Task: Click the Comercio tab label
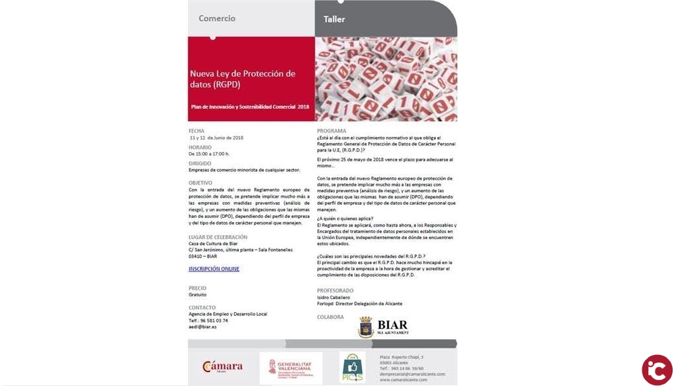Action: tap(217, 18)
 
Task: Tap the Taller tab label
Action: tap(334, 19)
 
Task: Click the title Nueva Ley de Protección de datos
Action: tap(242, 79)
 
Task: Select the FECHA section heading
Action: tap(196, 130)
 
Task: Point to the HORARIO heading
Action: tap(200, 147)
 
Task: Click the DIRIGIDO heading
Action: tap(200, 163)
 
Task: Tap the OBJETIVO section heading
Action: tap(200, 182)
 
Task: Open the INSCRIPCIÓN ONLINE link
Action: tap(214, 269)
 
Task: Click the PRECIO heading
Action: tap(197, 288)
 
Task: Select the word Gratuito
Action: tap(197, 294)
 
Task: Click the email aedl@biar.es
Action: tap(202, 327)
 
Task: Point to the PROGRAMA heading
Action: tap(331, 130)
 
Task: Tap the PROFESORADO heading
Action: tap(335, 290)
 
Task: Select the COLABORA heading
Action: tap(330, 317)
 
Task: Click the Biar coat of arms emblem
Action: tap(365, 327)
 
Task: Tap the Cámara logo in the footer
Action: tap(222, 367)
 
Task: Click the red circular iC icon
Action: tap(657, 370)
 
